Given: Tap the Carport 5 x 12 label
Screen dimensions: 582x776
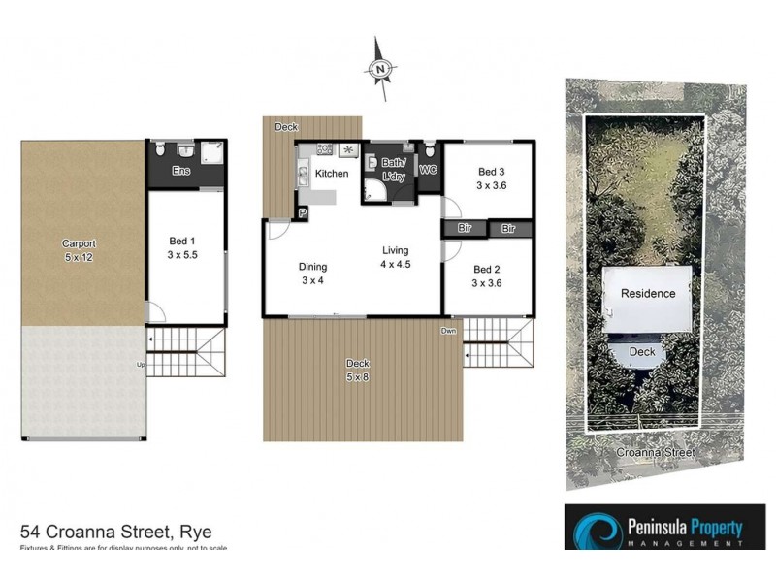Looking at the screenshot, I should pyautogui.click(x=80, y=250).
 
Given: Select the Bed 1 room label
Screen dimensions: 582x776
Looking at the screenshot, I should pyautogui.click(x=185, y=250).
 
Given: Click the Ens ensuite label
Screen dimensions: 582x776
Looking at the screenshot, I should pyautogui.click(x=180, y=172).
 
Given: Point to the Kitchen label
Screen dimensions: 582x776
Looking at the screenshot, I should pyautogui.click(x=332, y=174).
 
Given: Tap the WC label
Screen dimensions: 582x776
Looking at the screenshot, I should pyautogui.click(x=428, y=170).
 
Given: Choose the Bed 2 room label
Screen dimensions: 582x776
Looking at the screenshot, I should pyautogui.click(x=487, y=276).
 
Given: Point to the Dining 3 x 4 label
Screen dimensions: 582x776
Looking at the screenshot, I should pyautogui.click(x=312, y=274).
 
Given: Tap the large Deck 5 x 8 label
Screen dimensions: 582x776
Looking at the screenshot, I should pyautogui.click(x=360, y=370).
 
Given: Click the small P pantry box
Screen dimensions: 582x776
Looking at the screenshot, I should pyautogui.click(x=303, y=212).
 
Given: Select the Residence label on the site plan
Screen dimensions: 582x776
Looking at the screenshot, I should pyautogui.click(x=648, y=294).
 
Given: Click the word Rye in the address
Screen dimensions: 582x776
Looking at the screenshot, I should pyautogui.click(x=194, y=532).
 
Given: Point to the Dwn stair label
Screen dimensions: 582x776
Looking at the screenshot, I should pyautogui.click(x=448, y=331).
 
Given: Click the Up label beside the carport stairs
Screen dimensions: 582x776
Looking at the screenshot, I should pyautogui.click(x=143, y=365).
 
